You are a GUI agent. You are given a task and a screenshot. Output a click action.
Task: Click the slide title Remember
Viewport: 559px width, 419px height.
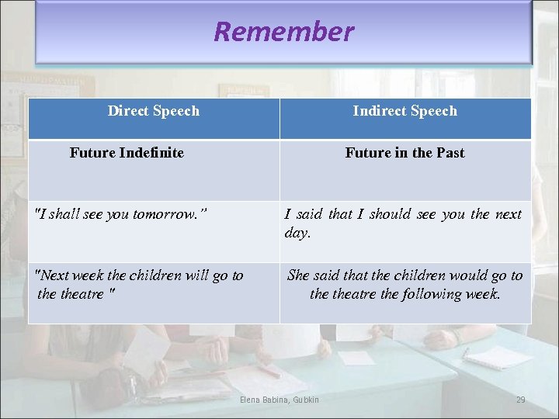click(283, 32)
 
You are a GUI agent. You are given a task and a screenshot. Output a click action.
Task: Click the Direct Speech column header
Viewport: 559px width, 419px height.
click(153, 111)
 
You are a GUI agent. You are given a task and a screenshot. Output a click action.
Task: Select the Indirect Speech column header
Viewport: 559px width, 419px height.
click(404, 111)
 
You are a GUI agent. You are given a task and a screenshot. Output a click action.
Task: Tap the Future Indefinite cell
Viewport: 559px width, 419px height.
click(127, 153)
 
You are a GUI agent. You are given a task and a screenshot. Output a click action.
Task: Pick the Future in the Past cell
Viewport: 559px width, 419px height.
click(404, 153)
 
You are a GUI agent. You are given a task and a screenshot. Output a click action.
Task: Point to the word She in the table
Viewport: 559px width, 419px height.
click(298, 275)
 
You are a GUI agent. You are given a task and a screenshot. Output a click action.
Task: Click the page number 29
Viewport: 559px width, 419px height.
click(520, 400)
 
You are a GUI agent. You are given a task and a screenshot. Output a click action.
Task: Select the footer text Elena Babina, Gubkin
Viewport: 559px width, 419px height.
click(279, 400)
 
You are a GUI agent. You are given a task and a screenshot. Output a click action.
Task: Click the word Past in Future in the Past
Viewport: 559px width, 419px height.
click(450, 153)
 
